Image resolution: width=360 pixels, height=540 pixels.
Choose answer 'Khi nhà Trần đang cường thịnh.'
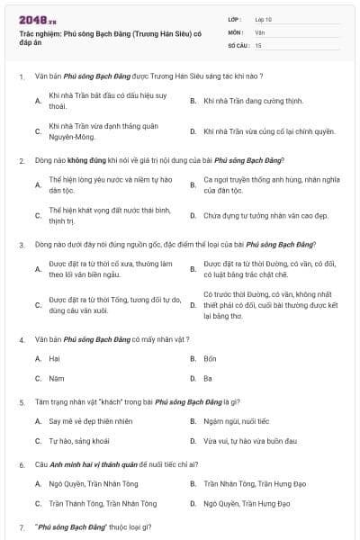(x=247, y=100)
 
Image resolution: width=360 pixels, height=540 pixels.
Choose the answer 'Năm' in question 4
(x=56, y=378)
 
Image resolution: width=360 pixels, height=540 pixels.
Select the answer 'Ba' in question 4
(x=208, y=378)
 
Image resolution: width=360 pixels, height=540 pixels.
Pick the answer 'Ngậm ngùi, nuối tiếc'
(x=236, y=421)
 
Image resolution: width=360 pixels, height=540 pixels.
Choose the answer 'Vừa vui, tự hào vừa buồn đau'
(x=249, y=441)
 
